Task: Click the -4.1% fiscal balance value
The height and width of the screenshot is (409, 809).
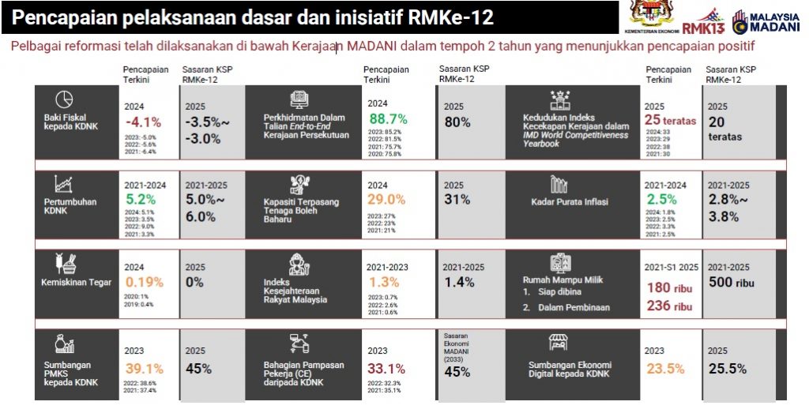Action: click(x=142, y=122)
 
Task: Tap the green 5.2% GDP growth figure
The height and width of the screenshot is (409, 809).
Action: click(x=140, y=199)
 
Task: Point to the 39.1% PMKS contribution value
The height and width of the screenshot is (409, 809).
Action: click(x=144, y=368)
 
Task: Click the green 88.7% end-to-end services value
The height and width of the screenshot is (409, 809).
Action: click(x=388, y=119)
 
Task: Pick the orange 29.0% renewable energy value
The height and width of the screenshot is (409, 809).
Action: click(x=386, y=200)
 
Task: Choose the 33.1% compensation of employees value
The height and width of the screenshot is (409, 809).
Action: click(x=386, y=368)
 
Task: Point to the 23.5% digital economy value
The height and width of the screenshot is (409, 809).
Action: click(x=664, y=368)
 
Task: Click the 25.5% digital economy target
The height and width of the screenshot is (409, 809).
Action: click(x=728, y=368)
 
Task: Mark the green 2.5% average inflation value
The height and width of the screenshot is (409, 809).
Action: click(x=661, y=199)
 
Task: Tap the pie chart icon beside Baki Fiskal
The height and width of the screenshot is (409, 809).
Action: click(x=64, y=99)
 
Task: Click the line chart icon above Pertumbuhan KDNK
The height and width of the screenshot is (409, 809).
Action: click(x=64, y=184)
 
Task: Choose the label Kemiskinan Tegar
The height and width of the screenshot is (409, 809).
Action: click(x=76, y=282)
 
